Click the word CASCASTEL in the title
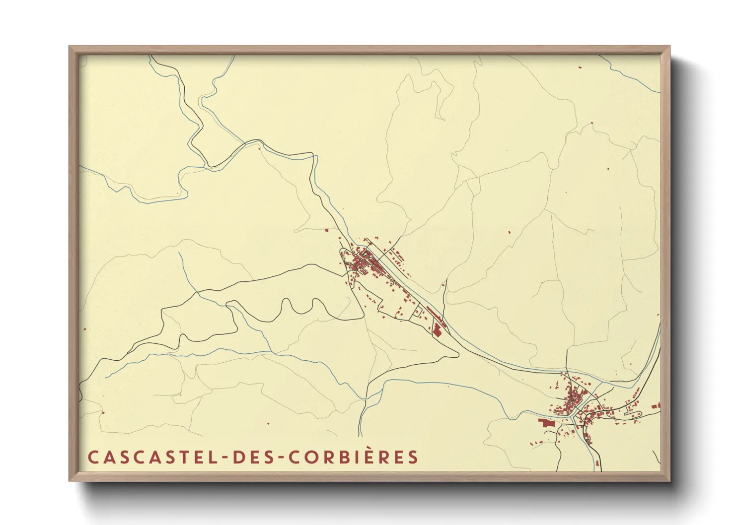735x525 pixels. pos(150,457)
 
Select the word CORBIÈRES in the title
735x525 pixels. pos(353,457)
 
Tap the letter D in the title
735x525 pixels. pos(238,457)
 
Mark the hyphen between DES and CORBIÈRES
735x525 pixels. pos(280,458)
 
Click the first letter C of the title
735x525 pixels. pos(92,457)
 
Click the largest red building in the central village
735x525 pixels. pos(437,329)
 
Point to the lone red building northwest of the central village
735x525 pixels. pos(326,230)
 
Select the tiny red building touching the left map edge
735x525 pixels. pos(85,328)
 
